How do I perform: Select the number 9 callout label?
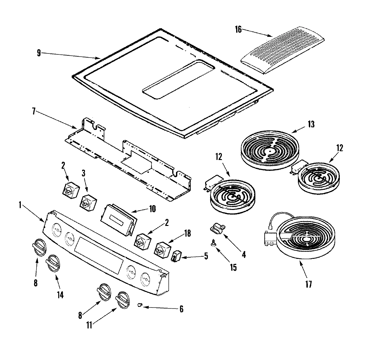pos(39,53)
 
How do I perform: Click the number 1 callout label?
pos(20,205)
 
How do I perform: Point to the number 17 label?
pos(308,284)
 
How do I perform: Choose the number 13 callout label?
pos(311,124)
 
